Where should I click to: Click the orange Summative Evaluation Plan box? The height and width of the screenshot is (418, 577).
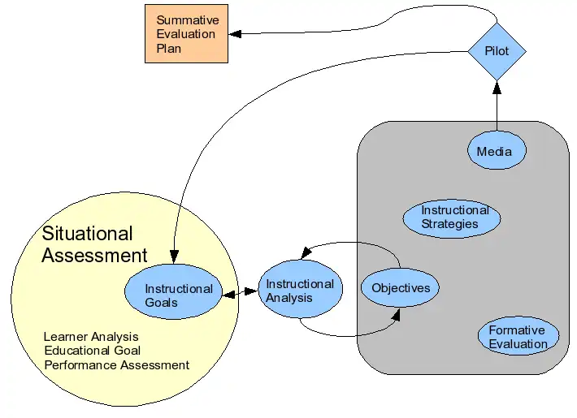click(185, 33)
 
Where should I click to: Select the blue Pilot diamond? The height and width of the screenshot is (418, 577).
click(497, 52)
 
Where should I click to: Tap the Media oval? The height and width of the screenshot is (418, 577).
click(497, 152)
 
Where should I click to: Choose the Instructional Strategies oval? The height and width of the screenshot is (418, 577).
click(452, 218)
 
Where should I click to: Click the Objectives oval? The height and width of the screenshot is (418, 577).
click(400, 288)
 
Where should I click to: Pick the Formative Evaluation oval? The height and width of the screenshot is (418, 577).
click(518, 337)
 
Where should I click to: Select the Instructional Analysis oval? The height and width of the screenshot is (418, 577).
click(299, 291)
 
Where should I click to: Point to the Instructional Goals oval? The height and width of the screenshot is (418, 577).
click(173, 295)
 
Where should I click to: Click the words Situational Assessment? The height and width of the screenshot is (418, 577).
click(93, 244)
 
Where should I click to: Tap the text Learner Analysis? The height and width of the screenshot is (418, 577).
click(91, 336)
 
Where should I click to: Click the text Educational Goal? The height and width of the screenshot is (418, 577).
click(93, 351)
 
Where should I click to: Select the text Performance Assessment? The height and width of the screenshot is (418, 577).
click(117, 365)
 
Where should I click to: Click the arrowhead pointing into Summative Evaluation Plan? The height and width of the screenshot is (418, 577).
click(234, 33)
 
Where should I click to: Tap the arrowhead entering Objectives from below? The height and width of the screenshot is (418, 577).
click(397, 312)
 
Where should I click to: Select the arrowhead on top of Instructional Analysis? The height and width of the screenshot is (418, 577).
click(306, 255)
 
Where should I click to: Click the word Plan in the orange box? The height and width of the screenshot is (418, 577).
click(169, 49)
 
